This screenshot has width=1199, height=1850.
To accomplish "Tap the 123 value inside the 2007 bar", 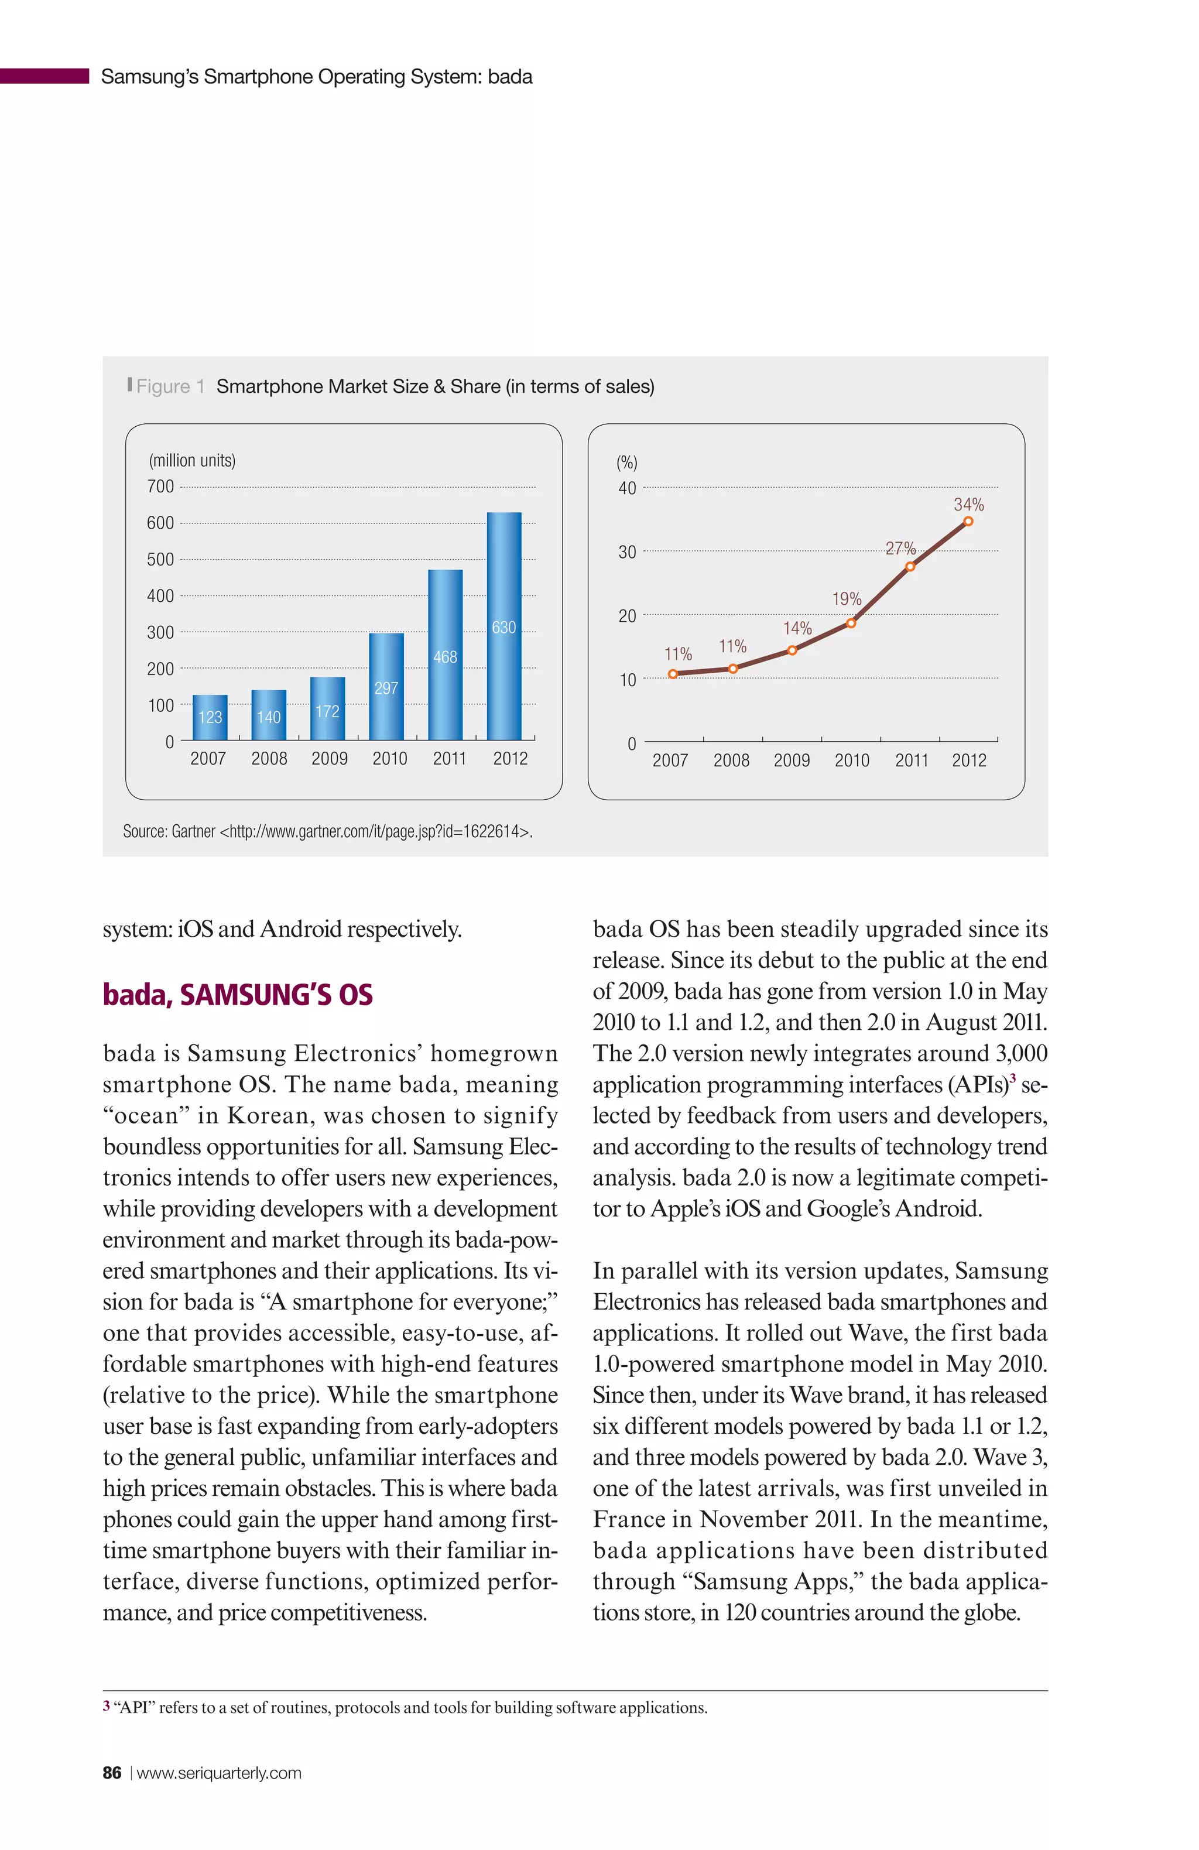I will [x=210, y=717].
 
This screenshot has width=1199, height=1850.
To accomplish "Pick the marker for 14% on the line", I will [x=792, y=650].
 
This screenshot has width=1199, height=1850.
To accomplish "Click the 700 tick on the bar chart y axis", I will [x=160, y=487].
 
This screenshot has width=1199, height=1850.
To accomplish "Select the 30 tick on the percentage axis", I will [x=626, y=552].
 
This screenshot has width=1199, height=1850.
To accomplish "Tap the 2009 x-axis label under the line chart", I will [x=791, y=760].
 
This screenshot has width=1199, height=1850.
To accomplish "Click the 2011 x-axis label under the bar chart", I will [x=450, y=758].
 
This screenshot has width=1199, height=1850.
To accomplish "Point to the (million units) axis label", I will [x=192, y=460].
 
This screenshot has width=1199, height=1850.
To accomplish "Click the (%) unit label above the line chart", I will [x=626, y=462].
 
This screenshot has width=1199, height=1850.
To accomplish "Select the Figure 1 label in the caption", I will [x=170, y=386].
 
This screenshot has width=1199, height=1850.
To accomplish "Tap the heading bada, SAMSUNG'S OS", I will [x=237, y=995].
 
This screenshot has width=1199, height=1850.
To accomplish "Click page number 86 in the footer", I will [x=112, y=1772].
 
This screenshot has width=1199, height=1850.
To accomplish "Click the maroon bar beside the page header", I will [x=44, y=76].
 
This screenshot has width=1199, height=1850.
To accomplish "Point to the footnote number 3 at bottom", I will [x=107, y=1705].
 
